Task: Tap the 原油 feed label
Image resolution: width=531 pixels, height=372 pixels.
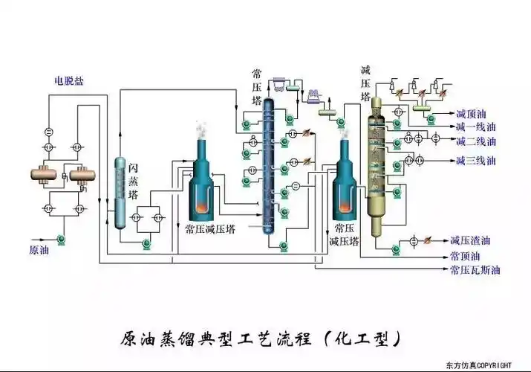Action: click(39, 250)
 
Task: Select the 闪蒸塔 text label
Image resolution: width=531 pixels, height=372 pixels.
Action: click(133, 182)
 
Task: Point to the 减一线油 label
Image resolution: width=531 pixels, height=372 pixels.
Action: click(475, 127)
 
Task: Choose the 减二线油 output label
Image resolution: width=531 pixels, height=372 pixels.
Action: click(475, 141)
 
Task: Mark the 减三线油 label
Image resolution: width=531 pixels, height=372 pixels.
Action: click(475, 160)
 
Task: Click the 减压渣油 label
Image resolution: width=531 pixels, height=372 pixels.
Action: click(470, 240)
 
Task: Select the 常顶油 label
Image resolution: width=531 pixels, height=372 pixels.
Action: click(465, 255)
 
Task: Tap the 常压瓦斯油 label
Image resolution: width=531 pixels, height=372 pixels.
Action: click(475, 270)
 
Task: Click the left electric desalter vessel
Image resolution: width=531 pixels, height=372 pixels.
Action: click(47, 174)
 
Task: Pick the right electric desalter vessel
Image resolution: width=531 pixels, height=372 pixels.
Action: click(82, 174)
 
